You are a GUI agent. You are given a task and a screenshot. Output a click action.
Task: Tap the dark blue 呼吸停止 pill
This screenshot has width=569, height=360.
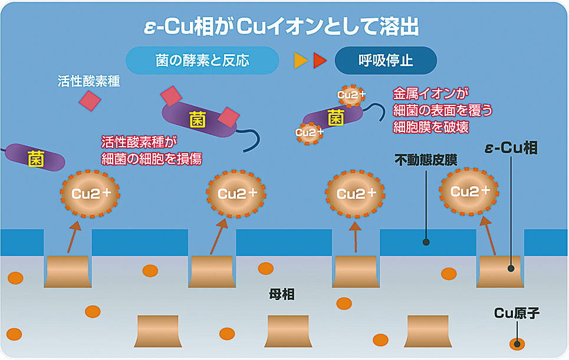click(x=386, y=61)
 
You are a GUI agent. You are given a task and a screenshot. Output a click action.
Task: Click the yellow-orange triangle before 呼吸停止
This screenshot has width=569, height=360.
click(x=301, y=61)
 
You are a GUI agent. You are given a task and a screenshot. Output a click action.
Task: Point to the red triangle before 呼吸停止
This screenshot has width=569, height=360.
click(x=320, y=61)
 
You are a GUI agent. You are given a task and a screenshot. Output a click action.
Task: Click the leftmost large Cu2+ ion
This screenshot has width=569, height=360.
click(x=90, y=193)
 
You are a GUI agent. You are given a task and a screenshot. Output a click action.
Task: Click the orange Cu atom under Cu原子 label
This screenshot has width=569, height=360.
click(x=517, y=344)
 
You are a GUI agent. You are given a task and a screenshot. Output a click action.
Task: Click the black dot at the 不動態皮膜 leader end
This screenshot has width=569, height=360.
click(x=426, y=242)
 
